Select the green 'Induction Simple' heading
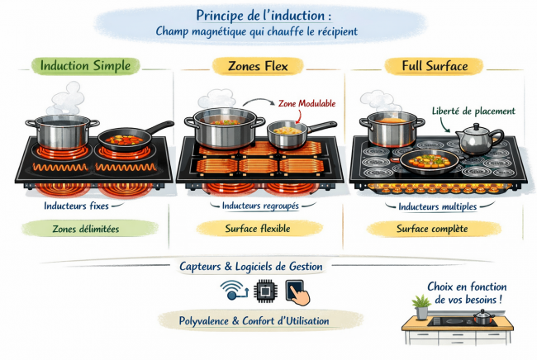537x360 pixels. pyautogui.click(x=85, y=65)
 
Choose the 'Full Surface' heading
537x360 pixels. pyautogui.click(x=434, y=65)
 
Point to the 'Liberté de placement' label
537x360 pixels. pyautogui.click(x=473, y=111)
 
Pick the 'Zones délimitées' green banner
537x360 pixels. pyautogui.click(x=85, y=228)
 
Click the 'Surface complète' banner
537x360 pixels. pyautogui.click(x=432, y=228)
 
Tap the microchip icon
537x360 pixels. pyautogui.click(x=266, y=291)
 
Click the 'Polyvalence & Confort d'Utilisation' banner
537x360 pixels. pyautogui.click(x=254, y=320)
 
